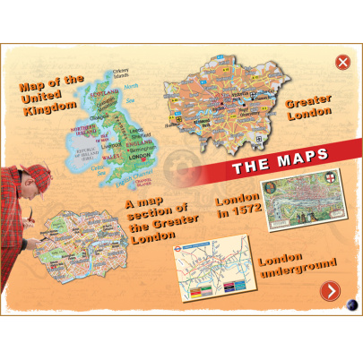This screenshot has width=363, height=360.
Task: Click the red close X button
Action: point(342,62)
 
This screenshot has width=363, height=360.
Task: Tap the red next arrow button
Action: point(331,290)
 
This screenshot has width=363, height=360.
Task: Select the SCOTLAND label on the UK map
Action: point(107,92)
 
